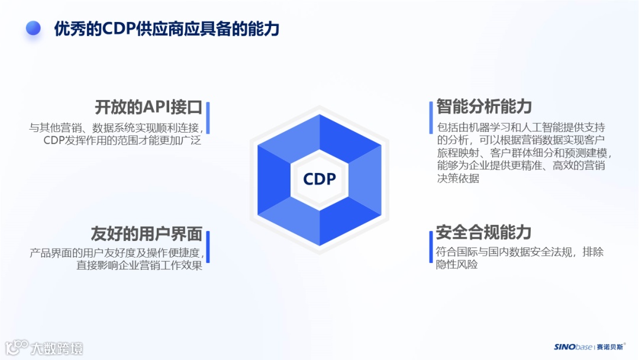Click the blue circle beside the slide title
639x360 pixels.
coord(33,28)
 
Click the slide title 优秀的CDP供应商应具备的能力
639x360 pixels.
coord(166,28)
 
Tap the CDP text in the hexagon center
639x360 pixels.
coord(319,179)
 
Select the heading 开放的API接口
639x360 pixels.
coord(149,108)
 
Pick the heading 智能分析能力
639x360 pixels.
coord(484,107)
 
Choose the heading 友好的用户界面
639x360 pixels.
coord(146,233)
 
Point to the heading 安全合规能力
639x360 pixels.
coord(483,232)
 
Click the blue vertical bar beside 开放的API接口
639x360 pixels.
coord(208,118)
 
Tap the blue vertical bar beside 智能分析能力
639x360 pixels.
coord(431,118)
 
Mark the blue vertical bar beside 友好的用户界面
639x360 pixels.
coord(208,246)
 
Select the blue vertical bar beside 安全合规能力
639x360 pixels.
coord(431,246)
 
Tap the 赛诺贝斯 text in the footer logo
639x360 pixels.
coord(609,347)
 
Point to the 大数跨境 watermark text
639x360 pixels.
coord(57,348)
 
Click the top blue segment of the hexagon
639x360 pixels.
coord(319,133)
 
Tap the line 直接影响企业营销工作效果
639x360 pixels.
coord(139,265)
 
